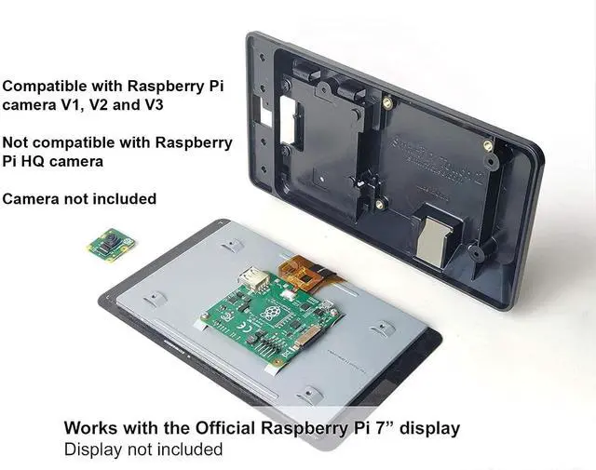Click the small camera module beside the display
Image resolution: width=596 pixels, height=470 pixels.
pyautogui.click(x=111, y=245)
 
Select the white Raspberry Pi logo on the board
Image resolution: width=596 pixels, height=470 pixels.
pyautogui.click(x=271, y=313)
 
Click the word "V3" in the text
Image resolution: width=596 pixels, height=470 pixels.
pyautogui.click(x=151, y=105)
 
